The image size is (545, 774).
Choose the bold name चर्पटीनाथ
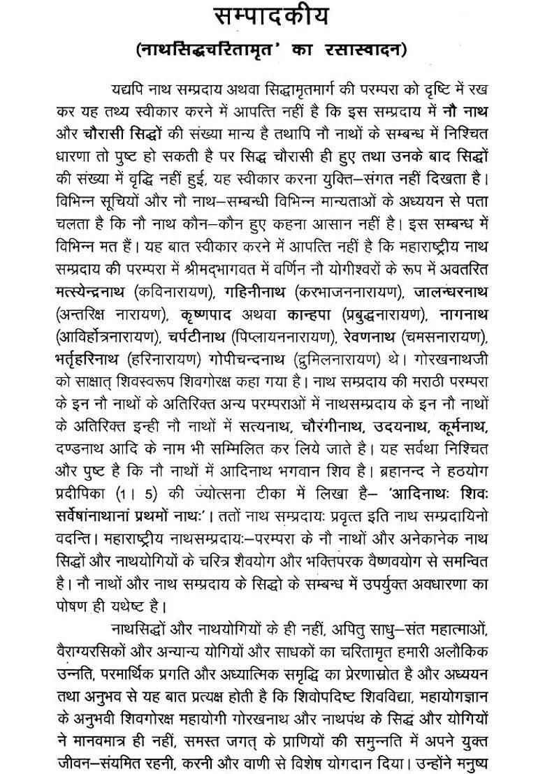pyautogui.click(x=198, y=336)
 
